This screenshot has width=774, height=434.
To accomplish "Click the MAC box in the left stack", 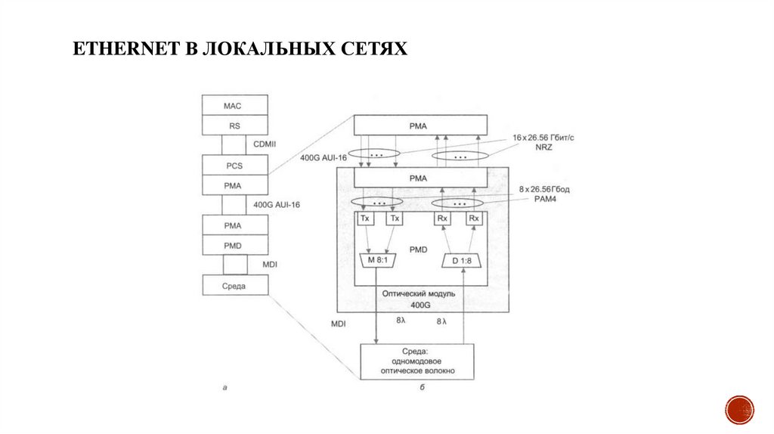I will (x=235, y=104).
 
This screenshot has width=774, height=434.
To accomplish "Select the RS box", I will (x=235, y=125).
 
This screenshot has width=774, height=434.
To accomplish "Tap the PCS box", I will (x=235, y=165).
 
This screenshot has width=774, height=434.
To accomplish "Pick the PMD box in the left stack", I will (x=235, y=245).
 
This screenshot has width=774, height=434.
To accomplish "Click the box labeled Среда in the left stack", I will (x=235, y=286).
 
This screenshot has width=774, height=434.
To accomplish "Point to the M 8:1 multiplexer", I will (x=377, y=261).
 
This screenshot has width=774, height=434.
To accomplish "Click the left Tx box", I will (x=365, y=219).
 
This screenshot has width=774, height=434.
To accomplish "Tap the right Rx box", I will (x=474, y=219).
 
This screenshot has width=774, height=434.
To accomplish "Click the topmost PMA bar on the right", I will (x=421, y=125).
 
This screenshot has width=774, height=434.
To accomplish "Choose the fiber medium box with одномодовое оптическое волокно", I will (x=417, y=361).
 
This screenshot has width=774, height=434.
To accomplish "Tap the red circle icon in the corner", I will (x=739, y=410).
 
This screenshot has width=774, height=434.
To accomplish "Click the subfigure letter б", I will (x=422, y=389).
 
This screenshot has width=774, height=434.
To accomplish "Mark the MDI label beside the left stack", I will (x=270, y=265).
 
